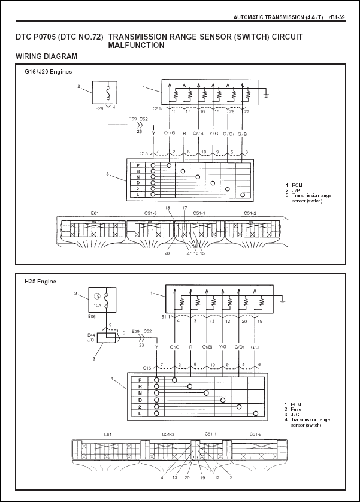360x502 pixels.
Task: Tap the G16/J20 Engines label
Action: point(48,71)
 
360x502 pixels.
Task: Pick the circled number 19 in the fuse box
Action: point(96,296)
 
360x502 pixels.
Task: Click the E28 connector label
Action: point(99,110)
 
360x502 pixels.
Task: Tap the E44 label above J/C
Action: point(92,334)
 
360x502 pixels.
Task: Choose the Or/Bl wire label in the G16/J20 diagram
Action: point(199,133)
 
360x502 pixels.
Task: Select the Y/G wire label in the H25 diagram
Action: point(222,347)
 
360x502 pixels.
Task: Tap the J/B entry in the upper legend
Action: point(296,190)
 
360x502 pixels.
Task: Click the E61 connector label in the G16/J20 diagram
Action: point(95,213)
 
